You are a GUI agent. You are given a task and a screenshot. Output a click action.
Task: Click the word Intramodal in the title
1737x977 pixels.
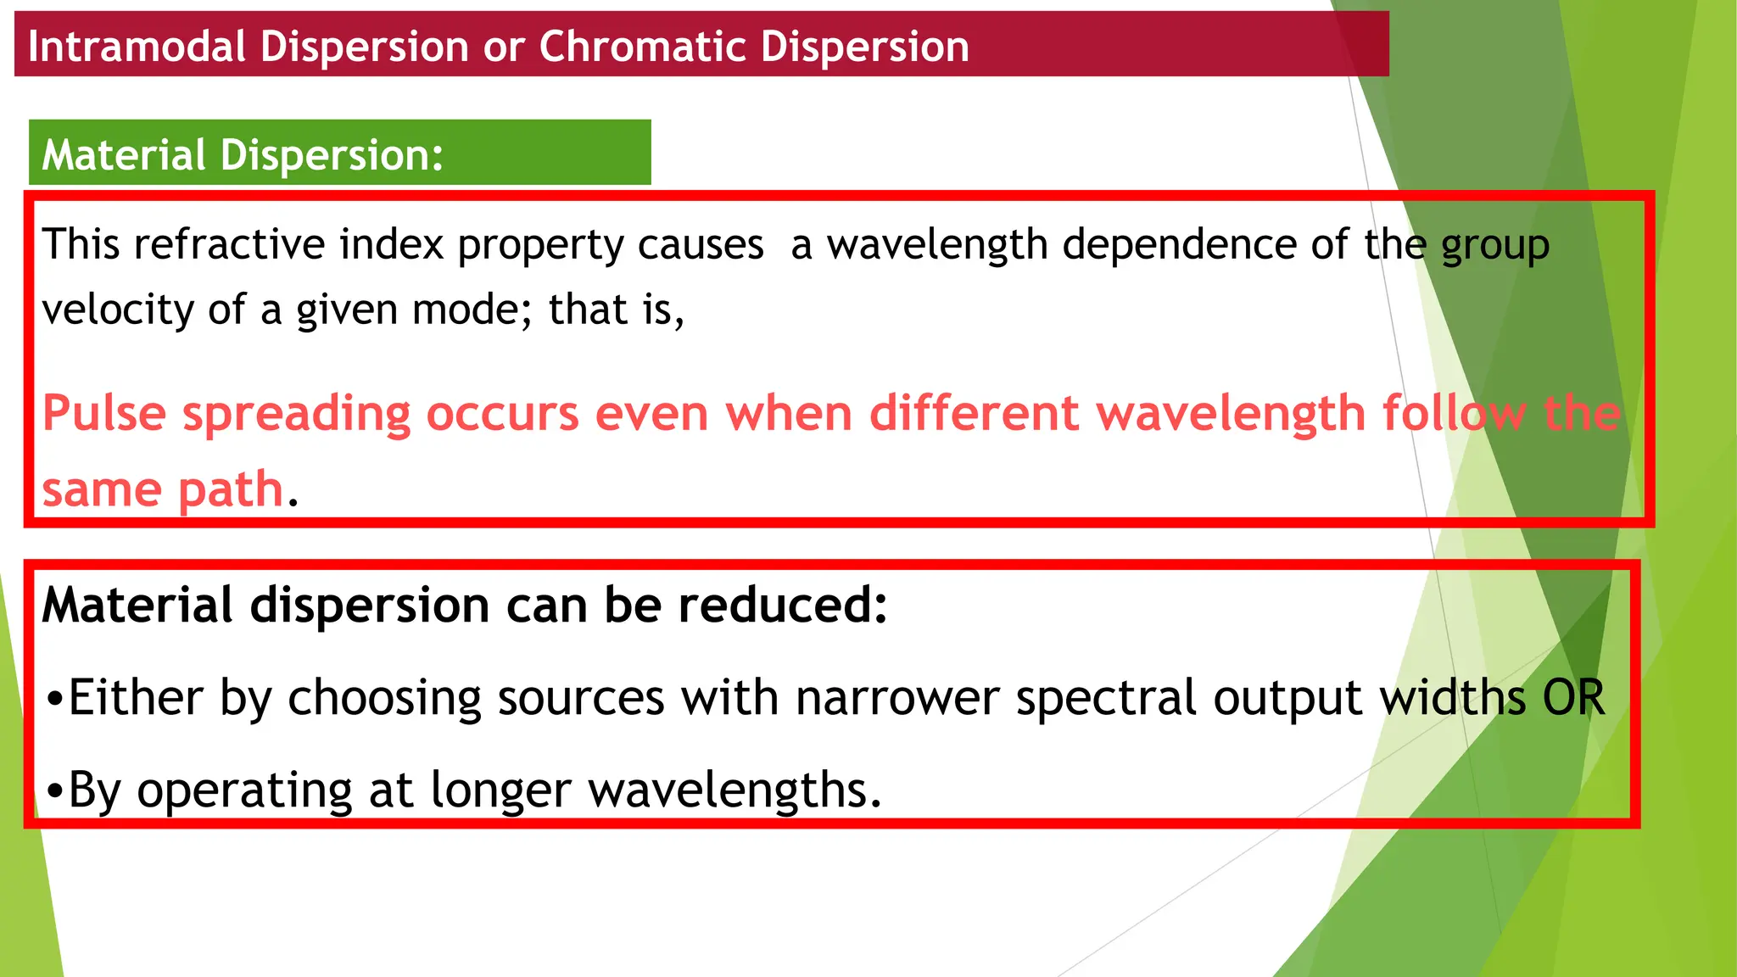137,46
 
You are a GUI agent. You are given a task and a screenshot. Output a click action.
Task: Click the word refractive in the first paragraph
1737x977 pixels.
229,244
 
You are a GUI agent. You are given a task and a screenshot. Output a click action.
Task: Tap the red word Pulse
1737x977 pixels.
103,414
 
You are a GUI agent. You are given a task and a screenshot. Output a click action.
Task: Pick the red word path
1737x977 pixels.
230,491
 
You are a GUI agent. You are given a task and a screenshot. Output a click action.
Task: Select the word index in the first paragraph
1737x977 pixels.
391,244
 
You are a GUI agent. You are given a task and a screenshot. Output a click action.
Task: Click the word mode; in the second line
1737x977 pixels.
472,310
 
